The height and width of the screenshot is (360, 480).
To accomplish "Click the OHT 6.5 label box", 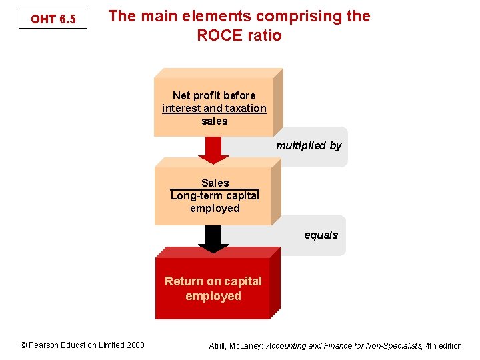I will click(53, 19).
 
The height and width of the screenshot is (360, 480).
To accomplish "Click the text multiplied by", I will click(309, 145).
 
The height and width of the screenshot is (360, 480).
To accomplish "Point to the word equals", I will click(321, 235).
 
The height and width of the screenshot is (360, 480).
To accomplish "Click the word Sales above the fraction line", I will click(215, 183).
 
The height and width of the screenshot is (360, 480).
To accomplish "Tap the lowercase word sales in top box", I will click(214, 121).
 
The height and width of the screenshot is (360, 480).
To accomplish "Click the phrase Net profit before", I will click(214, 95).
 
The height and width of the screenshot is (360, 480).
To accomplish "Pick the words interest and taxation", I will click(214, 108).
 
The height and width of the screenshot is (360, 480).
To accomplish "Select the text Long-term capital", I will click(215, 195).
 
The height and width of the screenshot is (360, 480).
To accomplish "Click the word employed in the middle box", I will click(215, 208).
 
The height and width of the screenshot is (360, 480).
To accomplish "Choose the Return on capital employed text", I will click(213, 289).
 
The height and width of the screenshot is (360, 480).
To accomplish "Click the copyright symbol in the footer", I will click(23, 345).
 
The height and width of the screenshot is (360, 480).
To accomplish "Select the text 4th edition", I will click(443, 345).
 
